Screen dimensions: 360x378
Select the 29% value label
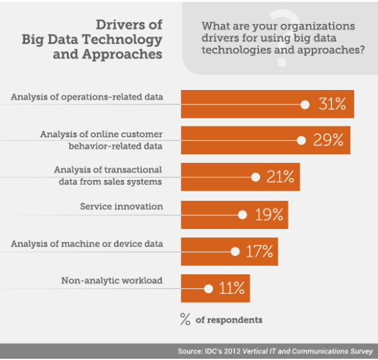(x=328, y=140)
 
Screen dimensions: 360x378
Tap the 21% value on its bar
(x=280, y=177)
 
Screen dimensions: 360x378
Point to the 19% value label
(x=269, y=215)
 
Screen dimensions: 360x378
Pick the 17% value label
(x=259, y=252)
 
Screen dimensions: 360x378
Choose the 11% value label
(x=231, y=289)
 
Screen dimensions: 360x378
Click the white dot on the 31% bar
(x=305, y=104)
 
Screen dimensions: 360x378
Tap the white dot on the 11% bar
(x=209, y=289)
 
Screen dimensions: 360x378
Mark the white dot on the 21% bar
(x=255, y=177)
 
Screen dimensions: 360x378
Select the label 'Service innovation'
(x=122, y=206)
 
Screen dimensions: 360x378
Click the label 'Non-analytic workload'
(x=112, y=281)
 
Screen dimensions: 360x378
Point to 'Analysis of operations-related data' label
(x=87, y=97)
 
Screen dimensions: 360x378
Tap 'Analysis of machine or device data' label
(x=87, y=244)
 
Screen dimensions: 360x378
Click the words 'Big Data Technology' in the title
(x=92, y=40)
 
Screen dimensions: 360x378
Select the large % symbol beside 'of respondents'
(x=185, y=319)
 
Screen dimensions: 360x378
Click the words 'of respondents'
(x=229, y=320)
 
